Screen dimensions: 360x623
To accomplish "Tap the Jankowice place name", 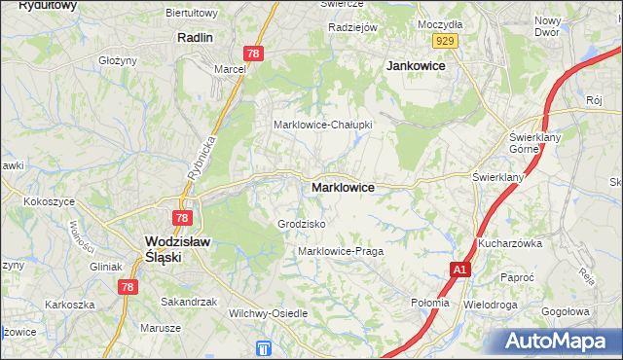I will (416, 65).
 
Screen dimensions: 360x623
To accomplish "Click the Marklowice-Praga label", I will (341, 251).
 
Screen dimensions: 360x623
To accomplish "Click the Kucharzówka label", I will (509, 243).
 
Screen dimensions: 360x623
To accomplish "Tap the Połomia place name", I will (429, 303).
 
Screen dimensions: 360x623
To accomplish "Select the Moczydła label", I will (438, 22).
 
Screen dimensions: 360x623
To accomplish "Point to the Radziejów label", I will (352, 27).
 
